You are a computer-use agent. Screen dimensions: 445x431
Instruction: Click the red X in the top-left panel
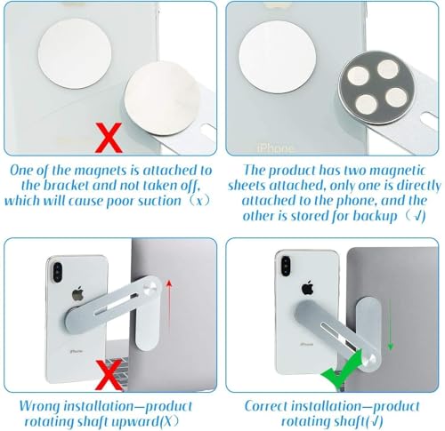(109, 138)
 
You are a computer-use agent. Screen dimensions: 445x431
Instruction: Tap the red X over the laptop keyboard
(109, 375)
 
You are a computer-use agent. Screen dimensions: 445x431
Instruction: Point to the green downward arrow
(391, 324)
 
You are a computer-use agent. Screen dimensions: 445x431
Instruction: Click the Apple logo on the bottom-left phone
(77, 294)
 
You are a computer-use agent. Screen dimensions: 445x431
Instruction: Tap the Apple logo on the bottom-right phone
(307, 288)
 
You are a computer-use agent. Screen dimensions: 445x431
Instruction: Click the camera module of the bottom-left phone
(57, 273)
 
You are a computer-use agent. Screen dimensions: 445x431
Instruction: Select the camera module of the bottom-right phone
(286, 266)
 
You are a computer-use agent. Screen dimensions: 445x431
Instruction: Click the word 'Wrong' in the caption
(40, 407)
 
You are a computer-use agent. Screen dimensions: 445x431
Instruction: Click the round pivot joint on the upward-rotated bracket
(148, 287)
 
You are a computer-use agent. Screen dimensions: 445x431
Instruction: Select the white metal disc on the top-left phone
(75, 54)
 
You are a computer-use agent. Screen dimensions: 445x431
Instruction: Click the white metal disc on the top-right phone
(277, 56)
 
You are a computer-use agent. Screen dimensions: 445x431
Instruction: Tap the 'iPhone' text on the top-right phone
(276, 148)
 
